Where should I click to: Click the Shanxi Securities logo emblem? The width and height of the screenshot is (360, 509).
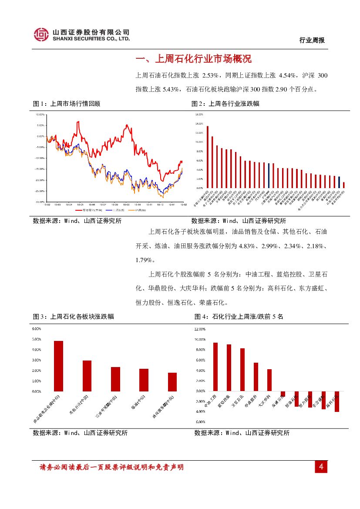(x=41, y=34)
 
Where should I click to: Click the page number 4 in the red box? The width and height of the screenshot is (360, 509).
(x=321, y=467)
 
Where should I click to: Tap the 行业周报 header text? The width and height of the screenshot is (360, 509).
(x=312, y=40)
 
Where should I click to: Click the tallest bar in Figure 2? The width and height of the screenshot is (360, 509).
(x=208, y=157)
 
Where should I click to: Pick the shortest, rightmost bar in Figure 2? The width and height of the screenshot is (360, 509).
(x=344, y=185)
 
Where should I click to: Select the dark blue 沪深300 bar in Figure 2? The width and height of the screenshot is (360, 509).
(x=269, y=175)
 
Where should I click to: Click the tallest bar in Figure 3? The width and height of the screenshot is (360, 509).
(x=58, y=366)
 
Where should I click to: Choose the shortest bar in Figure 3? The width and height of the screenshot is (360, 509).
(x=172, y=382)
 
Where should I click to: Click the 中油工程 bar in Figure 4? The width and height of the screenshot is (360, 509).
(x=215, y=367)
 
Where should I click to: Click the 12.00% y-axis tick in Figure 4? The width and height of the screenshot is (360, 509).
(x=200, y=329)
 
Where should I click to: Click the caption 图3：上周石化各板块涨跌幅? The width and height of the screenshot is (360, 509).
(x=74, y=317)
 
